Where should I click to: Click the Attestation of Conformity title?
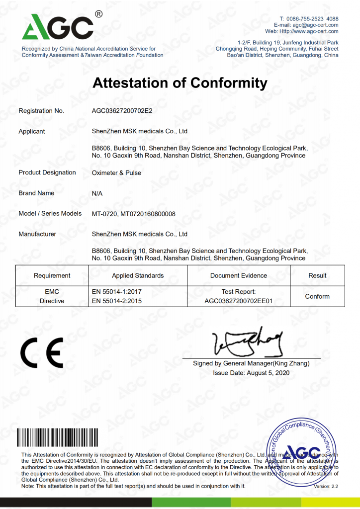tap(180, 83)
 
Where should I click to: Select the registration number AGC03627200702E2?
tap(122, 111)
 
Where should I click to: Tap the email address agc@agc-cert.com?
tap(315, 25)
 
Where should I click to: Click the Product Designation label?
tap(47, 172)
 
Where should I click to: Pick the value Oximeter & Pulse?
tap(116, 173)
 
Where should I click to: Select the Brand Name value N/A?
tap(97, 193)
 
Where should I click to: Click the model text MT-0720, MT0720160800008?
tap(134, 214)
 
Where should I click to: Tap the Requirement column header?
tap(52, 275)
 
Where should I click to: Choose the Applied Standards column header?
tap(138, 275)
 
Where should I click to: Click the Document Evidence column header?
tap(239, 275)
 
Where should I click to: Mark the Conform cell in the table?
tap(317, 296)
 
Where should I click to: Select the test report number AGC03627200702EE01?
tap(239, 301)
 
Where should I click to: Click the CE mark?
tap(42, 352)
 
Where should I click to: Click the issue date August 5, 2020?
tap(251, 373)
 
